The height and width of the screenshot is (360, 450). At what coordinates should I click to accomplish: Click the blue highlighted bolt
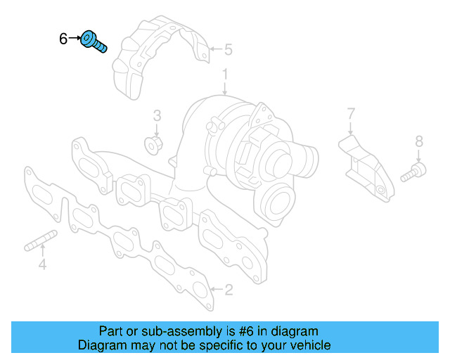click(x=94, y=41)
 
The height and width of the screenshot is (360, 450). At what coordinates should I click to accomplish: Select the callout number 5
click(x=227, y=50)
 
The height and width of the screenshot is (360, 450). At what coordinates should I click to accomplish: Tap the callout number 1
click(x=225, y=74)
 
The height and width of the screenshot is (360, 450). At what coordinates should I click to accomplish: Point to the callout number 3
click(x=157, y=115)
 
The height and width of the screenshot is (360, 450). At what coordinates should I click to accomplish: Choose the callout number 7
click(x=351, y=113)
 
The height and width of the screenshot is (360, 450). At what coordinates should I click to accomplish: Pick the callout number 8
click(x=419, y=143)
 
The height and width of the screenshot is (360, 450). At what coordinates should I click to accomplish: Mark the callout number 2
click(x=227, y=289)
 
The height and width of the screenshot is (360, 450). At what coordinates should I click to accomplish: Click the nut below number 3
click(x=152, y=146)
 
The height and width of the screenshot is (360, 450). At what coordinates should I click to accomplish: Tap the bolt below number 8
click(x=413, y=172)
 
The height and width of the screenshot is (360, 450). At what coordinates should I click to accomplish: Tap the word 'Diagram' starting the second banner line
click(x=101, y=345)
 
